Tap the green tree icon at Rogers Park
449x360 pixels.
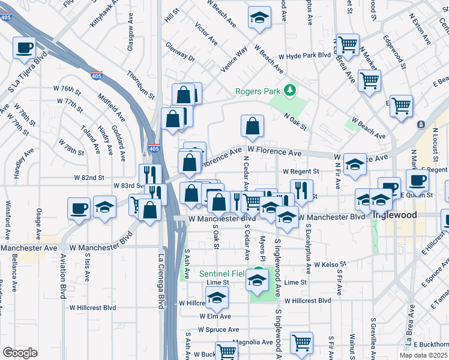(291, 90)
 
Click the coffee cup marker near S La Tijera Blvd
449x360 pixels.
(24, 47)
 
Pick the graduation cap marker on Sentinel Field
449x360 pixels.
(258, 281)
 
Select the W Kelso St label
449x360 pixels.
(327, 264)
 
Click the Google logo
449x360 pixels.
(20, 352)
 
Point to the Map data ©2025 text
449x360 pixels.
(424, 355)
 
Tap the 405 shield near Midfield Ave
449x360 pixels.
(96, 76)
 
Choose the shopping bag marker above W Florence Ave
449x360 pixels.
(253, 126)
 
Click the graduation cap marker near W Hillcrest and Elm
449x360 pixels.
(217, 297)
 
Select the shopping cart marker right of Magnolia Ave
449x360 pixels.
(301, 343)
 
